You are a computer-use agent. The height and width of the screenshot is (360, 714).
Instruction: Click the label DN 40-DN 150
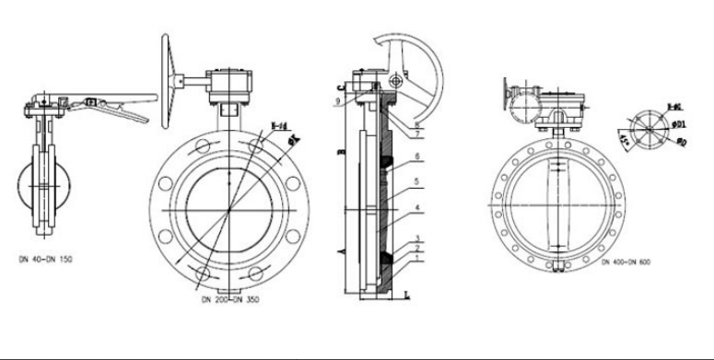46,261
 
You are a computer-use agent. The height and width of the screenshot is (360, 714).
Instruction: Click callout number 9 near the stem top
338,99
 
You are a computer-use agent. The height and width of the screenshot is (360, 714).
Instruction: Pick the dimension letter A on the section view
341,249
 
